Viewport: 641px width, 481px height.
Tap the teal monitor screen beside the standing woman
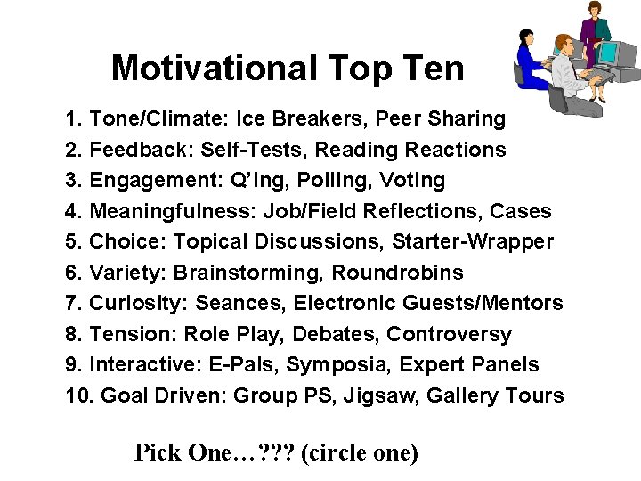tap(608, 53)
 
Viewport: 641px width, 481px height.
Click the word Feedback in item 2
tap(139, 150)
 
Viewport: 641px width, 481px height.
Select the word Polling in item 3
tap(339, 181)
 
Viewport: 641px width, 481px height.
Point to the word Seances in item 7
tap(238, 304)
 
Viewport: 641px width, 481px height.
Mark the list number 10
tap(77, 395)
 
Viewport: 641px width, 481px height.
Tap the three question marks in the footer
tap(276, 452)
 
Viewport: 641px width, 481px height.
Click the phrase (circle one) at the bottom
tap(360, 452)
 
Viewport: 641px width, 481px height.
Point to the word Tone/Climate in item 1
tap(151, 118)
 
